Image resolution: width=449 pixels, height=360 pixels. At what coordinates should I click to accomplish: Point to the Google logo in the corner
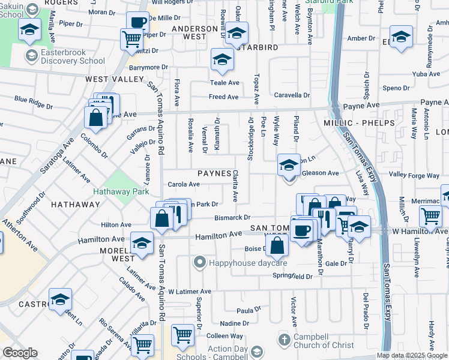[x=20, y=353]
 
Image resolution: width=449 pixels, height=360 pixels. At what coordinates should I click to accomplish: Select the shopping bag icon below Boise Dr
[x=277, y=245]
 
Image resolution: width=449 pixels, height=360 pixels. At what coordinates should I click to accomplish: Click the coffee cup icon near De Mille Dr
[x=137, y=23]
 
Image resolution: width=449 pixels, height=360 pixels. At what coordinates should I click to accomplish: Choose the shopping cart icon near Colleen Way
[x=182, y=335]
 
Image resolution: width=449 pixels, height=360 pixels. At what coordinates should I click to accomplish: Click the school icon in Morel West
[x=142, y=244]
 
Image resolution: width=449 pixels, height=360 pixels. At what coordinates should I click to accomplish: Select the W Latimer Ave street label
[x=190, y=292]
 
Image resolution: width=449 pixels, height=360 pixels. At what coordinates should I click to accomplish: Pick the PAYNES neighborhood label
[x=214, y=173]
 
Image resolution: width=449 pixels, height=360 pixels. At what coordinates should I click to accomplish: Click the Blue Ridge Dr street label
[x=34, y=101]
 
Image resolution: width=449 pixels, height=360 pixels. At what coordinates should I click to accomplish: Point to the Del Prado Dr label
[x=364, y=306]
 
